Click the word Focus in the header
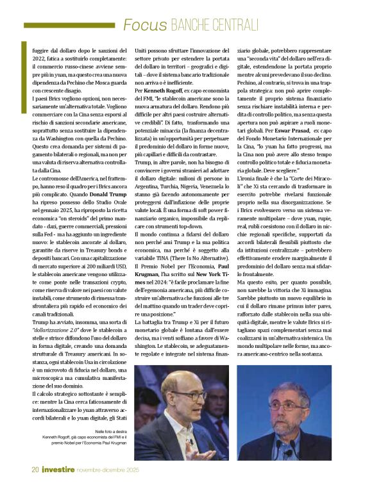145,25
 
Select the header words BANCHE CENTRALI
214,25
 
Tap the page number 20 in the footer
35,470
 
